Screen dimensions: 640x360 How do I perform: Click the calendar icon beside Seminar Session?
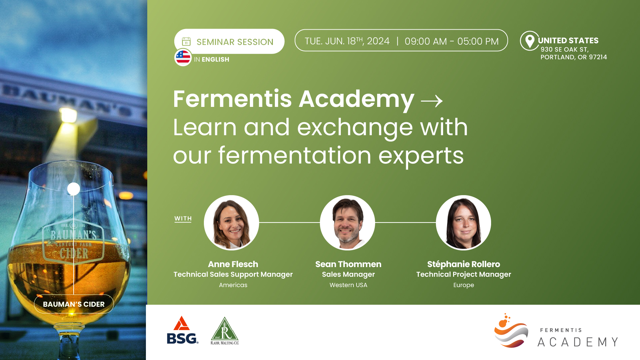pyautogui.click(x=186, y=42)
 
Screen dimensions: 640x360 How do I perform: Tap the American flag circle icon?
pyautogui.click(x=183, y=57)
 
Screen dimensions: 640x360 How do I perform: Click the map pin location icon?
pyautogui.click(x=530, y=41)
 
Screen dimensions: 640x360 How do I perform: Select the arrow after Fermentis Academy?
pyautogui.click(x=432, y=101)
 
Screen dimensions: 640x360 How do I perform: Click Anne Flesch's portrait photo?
pyautogui.click(x=232, y=222)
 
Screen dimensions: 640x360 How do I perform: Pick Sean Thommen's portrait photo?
pyautogui.click(x=347, y=222)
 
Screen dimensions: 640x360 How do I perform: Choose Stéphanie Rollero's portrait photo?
pyautogui.click(x=463, y=222)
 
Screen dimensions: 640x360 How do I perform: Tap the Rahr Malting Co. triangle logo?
pyautogui.click(x=225, y=331)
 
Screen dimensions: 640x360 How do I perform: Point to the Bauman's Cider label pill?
pyautogui.click(x=74, y=304)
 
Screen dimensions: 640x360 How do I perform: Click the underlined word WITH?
pyautogui.click(x=183, y=219)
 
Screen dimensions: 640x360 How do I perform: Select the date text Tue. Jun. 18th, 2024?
pyautogui.click(x=347, y=41)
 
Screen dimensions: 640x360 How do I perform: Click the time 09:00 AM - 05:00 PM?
pyautogui.click(x=452, y=41)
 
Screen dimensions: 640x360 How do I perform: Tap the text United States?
pyautogui.click(x=568, y=40)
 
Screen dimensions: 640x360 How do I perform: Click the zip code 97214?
pyautogui.click(x=598, y=57)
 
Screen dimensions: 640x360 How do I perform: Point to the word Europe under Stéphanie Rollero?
pyautogui.click(x=463, y=285)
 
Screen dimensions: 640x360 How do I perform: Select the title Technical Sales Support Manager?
pyautogui.click(x=233, y=274)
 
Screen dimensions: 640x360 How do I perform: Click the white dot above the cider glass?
pyautogui.click(x=74, y=189)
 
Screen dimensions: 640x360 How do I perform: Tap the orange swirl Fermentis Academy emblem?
pyautogui.click(x=511, y=331)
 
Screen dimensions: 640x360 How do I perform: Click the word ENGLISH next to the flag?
pyautogui.click(x=215, y=59)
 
